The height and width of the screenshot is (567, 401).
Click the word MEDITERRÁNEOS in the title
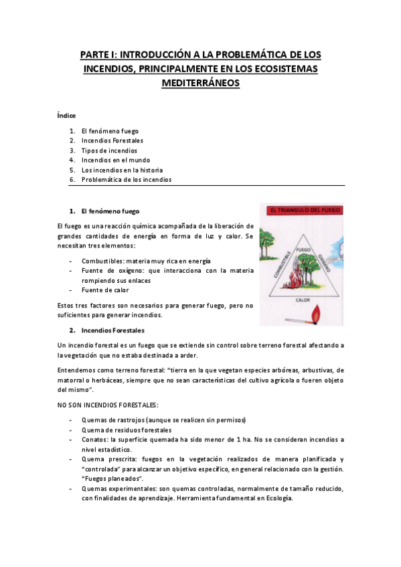coord(200,84)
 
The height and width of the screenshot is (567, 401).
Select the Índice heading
coord(66,115)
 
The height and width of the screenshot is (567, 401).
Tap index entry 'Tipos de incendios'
coord(109,150)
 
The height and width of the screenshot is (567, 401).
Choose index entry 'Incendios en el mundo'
coord(116,160)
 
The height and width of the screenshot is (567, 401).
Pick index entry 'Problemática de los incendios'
coord(126,179)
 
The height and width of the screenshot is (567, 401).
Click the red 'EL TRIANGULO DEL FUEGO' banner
coord(301,210)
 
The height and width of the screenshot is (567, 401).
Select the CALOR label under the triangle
coord(303,301)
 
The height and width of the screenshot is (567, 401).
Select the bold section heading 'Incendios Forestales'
coord(112,330)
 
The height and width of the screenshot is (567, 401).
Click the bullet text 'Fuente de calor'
coord(105,290)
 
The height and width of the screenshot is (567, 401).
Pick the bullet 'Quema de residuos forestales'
coord(126,430)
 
